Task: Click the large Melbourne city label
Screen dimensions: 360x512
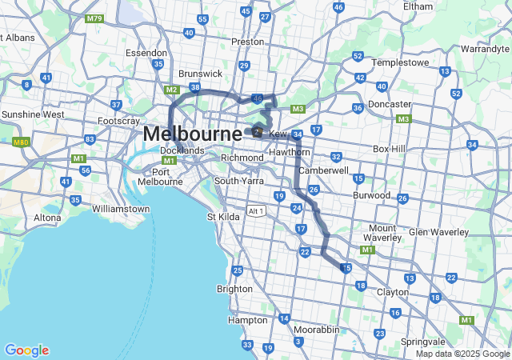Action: [192, 134]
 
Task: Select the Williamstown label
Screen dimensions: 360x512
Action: [121, 209]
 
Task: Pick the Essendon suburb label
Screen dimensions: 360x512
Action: [146, 53]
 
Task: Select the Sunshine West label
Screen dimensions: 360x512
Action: [33, 114]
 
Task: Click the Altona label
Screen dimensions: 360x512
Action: [48, 218]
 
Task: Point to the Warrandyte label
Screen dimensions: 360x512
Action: [485, 49]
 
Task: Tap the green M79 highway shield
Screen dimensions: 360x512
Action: [95, 17]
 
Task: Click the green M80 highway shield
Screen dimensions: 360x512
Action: [20, 142]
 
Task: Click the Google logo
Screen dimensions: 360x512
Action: [26, 350]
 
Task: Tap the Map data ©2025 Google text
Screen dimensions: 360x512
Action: [462, 354]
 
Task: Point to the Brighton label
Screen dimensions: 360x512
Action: [234, 289]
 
